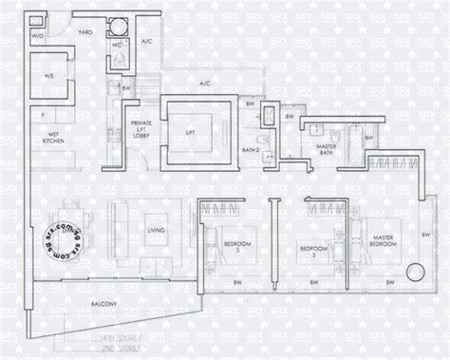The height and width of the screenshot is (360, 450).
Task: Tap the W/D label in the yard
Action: pos(37,36)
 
